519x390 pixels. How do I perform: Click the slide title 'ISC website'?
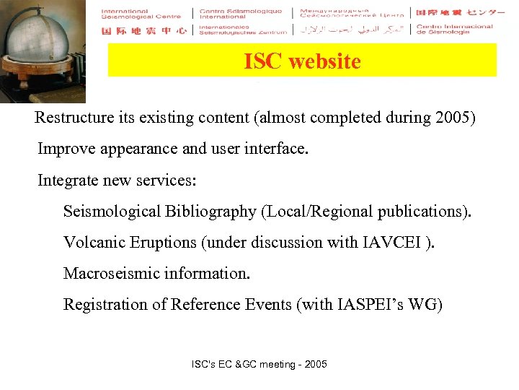click(x=302, y=61)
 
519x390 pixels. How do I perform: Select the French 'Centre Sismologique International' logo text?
click(x=241, y=14)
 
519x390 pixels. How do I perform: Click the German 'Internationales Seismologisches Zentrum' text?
click(x=241, y=30)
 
